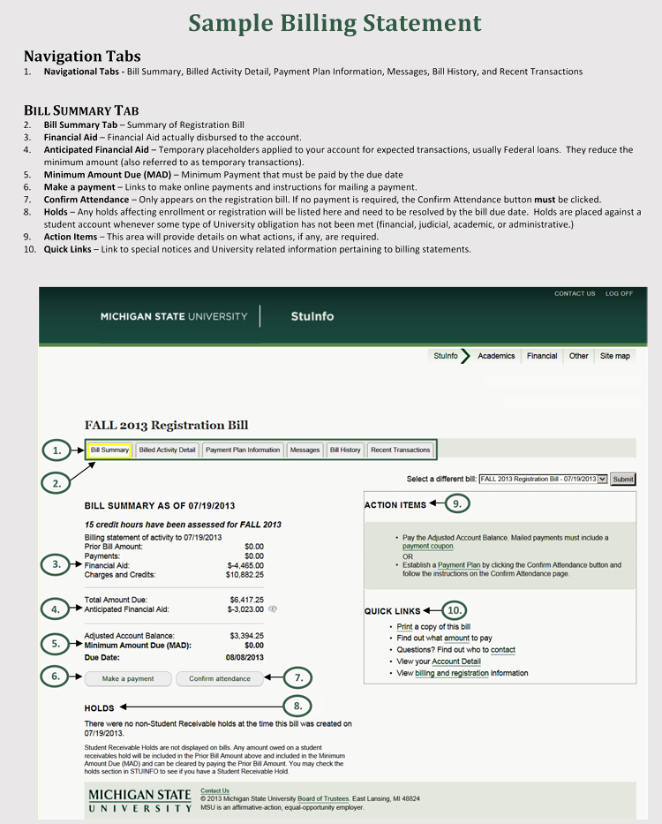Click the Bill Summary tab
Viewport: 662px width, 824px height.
click(109, 450)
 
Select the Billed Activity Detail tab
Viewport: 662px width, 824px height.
click(168, 450)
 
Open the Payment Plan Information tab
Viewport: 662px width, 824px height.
click(243, 450)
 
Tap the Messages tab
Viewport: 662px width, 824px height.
click(305, 450)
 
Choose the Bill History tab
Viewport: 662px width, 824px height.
click(345, 450)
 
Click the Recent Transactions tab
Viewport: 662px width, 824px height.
click(401, 450)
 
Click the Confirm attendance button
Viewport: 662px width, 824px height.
click(220, 679)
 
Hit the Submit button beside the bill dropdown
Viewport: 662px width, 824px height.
click(623, 479)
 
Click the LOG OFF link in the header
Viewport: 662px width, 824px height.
click(619, 293)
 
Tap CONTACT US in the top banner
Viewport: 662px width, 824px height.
click(575, 293)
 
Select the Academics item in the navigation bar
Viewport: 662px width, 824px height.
click(496, 356)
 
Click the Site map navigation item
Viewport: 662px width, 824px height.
click(615, 356)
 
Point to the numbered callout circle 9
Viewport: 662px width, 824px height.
click(457, 503)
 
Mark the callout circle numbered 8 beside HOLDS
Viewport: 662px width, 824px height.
click(298, 706)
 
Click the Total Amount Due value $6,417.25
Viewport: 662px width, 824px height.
click(246, 599)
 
